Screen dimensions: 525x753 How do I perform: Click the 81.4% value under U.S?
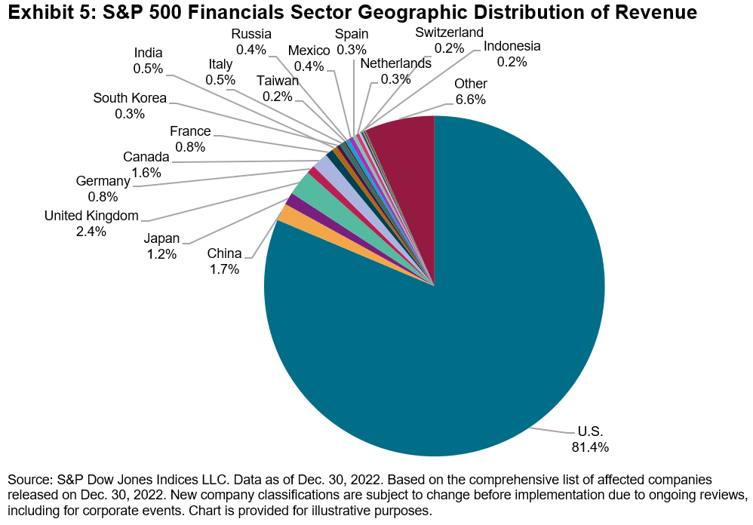pyautogui.click(x=589, y=447)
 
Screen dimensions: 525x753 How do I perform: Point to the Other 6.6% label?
pyautogui.click(x=470, y=91)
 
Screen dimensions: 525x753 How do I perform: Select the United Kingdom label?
pyautogui.click(x=91, y=216)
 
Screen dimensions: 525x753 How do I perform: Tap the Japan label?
pyautogui.click(x=161, y=239)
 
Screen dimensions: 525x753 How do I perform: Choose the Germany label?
pyautogui.click(x=103, y=182)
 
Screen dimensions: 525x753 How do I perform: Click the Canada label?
pyautogui.click(x=146, y=157)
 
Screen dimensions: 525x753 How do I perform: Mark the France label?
pyautogui.click(x=190, y=131)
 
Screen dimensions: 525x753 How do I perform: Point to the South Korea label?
pyautogui.click(x=130, y=98)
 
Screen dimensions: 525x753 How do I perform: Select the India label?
pyautogui.click(x=148, y=53)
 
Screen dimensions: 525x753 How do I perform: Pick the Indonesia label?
pyautogui.click(x=512, y=46)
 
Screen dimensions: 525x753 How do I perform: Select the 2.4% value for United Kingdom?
pyautogui.click(x=91, y=232)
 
